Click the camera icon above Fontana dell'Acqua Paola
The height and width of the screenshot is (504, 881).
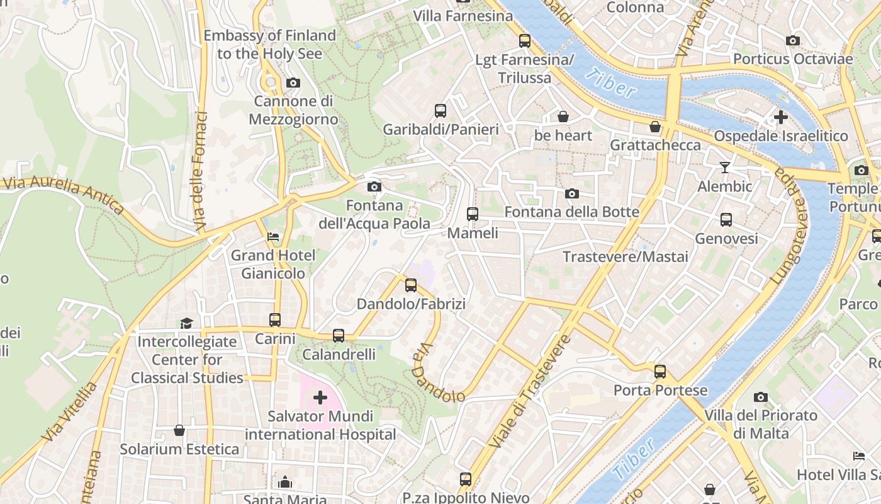coord(374,186)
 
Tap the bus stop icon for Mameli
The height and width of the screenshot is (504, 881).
coord(473,214)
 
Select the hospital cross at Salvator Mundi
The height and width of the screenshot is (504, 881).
coord(320,398)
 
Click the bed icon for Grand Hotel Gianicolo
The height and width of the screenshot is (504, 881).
coord(273,237)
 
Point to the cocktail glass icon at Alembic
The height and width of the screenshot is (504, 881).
coord(725,168)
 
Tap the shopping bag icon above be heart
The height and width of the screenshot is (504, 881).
coord(563,117)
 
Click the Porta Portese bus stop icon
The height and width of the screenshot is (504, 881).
coord(660,372)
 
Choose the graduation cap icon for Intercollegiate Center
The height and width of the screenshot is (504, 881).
coord(186,323)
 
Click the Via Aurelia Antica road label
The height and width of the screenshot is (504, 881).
coord(63,194)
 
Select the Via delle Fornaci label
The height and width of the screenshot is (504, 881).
coord(201,171)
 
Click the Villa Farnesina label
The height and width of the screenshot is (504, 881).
coord(463,16)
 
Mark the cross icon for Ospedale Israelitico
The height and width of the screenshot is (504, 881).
coord(780,117)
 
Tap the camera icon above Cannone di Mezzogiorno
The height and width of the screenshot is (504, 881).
coord(293,83)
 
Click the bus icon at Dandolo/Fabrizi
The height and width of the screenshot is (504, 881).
coord(411,285)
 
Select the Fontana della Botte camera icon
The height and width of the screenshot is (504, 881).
coord(571,193)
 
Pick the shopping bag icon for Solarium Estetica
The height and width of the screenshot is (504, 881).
coord(179,430)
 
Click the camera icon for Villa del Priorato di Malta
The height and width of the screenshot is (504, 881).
coord(761,397)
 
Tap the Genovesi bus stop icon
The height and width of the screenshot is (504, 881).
coord(726,220)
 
